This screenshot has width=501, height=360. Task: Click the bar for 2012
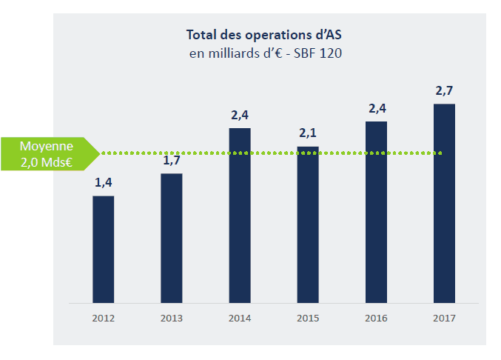point(104,250)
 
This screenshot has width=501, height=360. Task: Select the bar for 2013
point(172,239)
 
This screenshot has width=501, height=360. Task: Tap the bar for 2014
point(240,216)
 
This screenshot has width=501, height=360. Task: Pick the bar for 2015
point(308,225)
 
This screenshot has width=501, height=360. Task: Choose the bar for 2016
point(376,213)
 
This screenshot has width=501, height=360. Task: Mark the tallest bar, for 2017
point(444,204)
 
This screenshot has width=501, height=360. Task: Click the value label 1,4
point(104,182)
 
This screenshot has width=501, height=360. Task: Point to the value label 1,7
point(172,159)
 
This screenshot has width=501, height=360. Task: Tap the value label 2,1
point(308,133)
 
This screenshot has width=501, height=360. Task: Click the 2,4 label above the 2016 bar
point(377,108)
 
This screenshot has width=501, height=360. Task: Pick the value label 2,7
point(444,90)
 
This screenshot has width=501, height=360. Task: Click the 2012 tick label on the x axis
point(104,319)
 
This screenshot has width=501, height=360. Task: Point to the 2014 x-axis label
point(240,319)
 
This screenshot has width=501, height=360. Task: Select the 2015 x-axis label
point(308,319)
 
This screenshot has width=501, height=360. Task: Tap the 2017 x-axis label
point(444,319)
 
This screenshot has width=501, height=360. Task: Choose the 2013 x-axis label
point(172,319)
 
